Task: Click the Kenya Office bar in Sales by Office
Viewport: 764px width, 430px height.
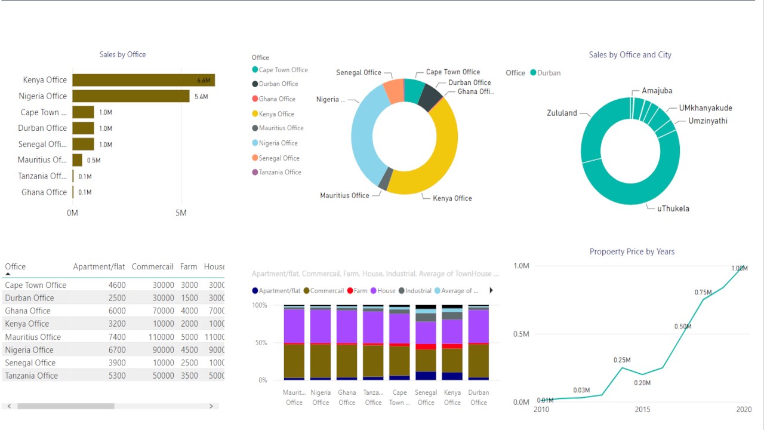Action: point(143,80)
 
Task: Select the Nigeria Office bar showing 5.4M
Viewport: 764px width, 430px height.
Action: point(131,96)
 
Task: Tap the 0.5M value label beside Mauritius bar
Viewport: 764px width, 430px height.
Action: point(94,160)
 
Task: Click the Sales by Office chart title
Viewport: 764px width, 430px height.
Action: point(122,54)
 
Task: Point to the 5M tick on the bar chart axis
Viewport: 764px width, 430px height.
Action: point(181,213)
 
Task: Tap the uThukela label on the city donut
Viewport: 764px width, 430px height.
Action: point(673,208)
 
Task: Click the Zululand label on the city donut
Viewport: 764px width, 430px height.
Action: point(562,113)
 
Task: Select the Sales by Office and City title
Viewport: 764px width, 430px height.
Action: point(630,55)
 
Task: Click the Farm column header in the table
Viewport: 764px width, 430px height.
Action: point(189,267)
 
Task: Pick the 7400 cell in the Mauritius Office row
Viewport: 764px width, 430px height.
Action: point(117,337)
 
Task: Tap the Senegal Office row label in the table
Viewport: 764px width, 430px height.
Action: point(30,363)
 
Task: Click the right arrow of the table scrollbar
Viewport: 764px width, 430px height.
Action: point(211,406)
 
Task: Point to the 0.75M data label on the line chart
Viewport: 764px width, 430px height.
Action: point(703,292)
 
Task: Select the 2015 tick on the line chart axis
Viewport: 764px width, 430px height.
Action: point(642,410)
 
